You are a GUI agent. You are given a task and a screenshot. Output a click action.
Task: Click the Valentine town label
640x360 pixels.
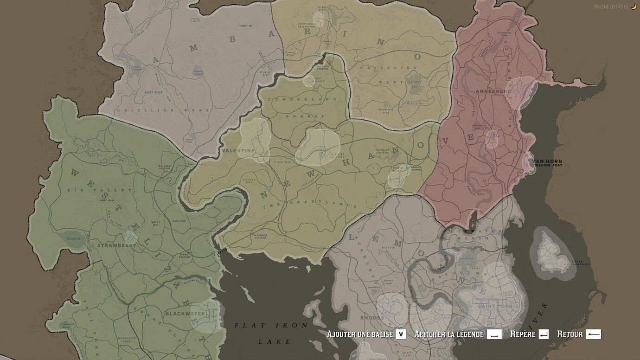point(238,151)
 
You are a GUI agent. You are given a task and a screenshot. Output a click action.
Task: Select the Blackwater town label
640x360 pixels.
point(185,314)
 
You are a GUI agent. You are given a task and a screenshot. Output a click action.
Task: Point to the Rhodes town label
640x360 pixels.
point(372,318)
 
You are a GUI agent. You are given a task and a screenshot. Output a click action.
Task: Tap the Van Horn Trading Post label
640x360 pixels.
point(548,163)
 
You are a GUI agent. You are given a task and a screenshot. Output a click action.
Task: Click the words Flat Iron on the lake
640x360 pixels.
point(271,325)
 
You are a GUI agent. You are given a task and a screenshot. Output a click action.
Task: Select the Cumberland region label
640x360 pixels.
point(305,100)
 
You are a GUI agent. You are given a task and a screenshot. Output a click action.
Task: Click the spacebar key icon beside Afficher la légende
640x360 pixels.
point(494,334)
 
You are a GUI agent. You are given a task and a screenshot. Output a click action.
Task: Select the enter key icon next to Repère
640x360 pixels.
point(544,334)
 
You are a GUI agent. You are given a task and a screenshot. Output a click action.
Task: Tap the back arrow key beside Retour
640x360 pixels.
point(594,334)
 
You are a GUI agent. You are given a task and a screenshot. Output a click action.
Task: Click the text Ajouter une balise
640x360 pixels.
point(360,334)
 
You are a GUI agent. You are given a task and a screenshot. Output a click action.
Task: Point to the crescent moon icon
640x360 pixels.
point(634,6)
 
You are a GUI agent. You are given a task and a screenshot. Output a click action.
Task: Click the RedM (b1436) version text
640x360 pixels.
point(611,6)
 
